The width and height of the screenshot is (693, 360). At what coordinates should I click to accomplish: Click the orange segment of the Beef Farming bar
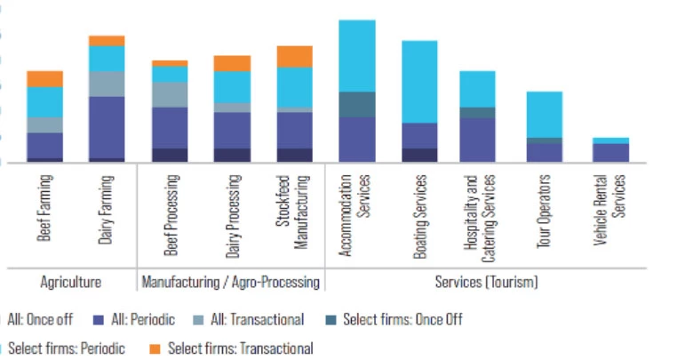(44, 78)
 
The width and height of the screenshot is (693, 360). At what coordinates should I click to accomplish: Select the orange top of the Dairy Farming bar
(107, 40)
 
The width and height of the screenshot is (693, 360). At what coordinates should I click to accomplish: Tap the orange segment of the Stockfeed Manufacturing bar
(295, 56)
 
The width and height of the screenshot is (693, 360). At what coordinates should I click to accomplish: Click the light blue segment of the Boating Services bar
(420, 81)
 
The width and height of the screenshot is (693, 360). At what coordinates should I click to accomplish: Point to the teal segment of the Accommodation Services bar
(357, 104)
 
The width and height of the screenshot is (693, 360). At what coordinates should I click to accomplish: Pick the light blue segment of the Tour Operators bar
(544, 114)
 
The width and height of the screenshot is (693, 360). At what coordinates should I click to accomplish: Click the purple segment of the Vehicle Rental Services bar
(610, 153)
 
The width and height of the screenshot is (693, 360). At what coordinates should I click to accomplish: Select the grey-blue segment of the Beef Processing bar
(170, 94)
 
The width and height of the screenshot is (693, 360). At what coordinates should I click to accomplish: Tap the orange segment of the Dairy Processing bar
(232, 62)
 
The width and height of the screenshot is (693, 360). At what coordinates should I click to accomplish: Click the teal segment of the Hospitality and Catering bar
(477, 112)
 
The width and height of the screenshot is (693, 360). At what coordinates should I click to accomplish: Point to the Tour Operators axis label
(544, 212)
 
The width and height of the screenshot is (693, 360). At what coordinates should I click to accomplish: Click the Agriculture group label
(70, 282)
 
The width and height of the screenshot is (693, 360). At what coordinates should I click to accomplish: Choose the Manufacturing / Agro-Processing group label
(231, 282)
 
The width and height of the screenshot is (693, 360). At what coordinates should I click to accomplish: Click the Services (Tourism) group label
(486, 282)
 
